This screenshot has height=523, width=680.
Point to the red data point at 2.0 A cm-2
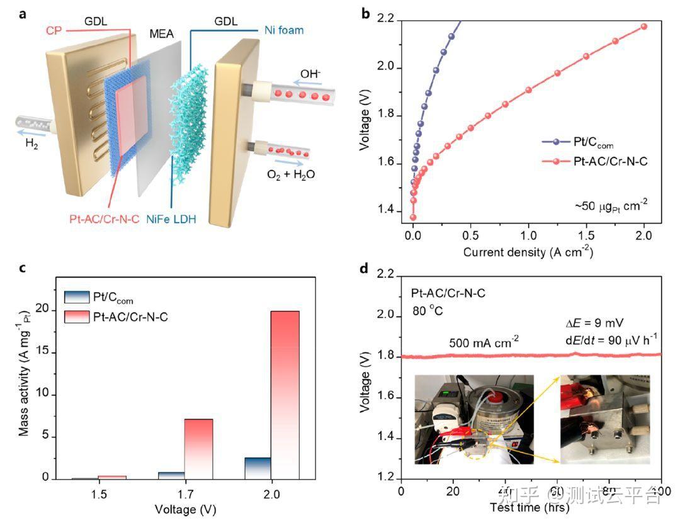pos(643,26)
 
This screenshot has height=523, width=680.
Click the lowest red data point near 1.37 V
pos(414,218)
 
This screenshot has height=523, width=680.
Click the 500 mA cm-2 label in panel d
pos(484,342)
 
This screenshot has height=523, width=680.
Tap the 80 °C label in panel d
pos(429,310)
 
